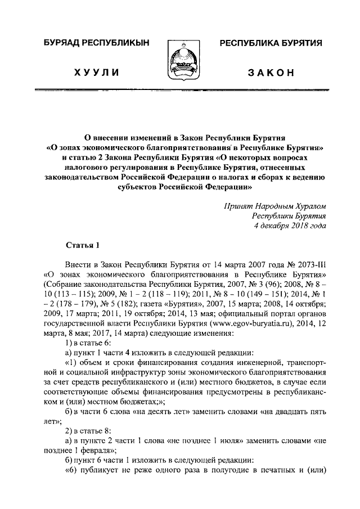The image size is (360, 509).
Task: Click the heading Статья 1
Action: [x=82, y=244]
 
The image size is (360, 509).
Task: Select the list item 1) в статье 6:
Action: [x=89, y=344]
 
